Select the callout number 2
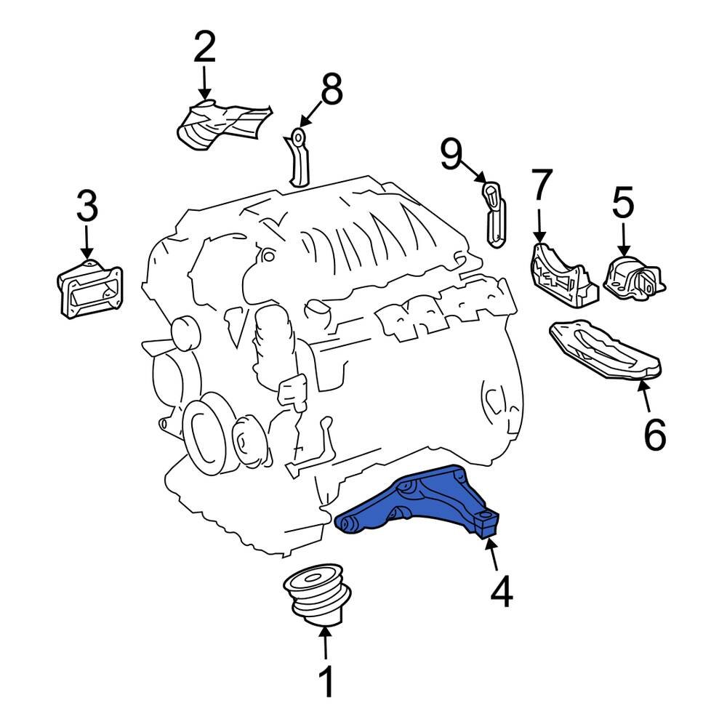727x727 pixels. tap(204, 47)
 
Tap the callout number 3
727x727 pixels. tap(87, 207)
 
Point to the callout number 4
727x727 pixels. tap(501, 593)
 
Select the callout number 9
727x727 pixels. tap(451, 154)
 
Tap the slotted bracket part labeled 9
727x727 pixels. tap(495, 214)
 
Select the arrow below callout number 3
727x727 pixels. tap(87, 240)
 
